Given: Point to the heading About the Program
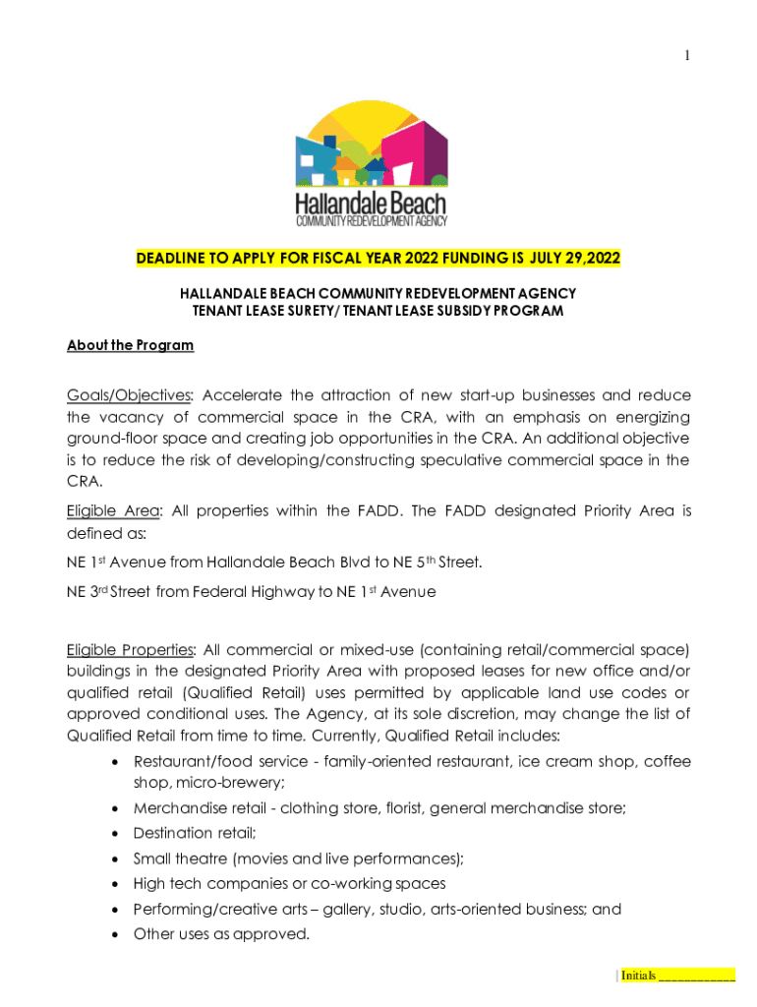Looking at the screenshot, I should [x=130, y=345].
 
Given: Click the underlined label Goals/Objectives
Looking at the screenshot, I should [x=129, y=395].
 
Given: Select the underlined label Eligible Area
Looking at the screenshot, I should [x=112, y=510].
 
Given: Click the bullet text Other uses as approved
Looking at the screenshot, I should [x=221, y=934].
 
